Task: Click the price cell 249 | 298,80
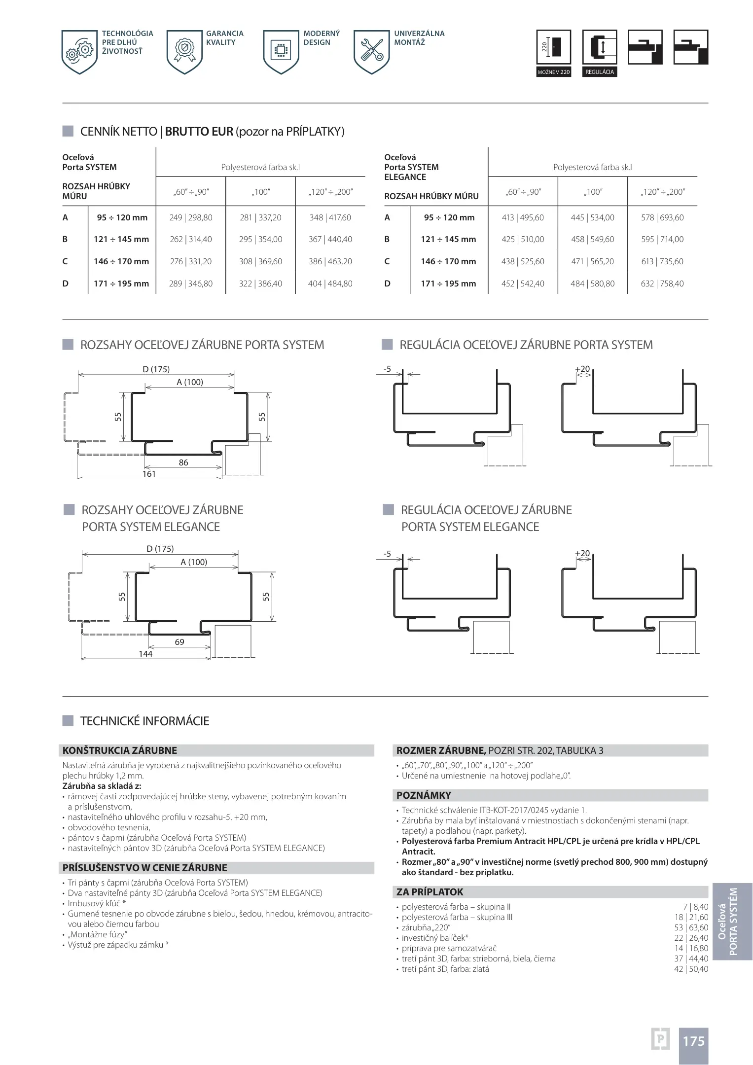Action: [190, 217]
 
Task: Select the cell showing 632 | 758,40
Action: [662, 284]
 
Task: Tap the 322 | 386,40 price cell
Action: [260, 284]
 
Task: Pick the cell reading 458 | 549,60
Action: [592, 239]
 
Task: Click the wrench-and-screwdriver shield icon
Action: [372, 51]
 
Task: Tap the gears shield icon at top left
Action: [79, 51]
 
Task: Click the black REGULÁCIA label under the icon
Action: [599, 72]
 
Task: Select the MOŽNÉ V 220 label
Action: [553, 72]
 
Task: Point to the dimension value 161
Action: [149, 474]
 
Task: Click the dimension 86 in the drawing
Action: [183, 462]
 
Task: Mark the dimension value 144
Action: [145, 654]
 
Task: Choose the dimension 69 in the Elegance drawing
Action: [179, 642]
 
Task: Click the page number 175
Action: [693, 1041]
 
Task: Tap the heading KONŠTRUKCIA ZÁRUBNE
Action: [120, 750]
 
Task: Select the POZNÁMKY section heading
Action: [424, 795]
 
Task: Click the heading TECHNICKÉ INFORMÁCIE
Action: [144, 721]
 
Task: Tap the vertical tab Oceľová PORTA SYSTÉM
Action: [732, 922]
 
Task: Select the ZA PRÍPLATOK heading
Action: [430, 891]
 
